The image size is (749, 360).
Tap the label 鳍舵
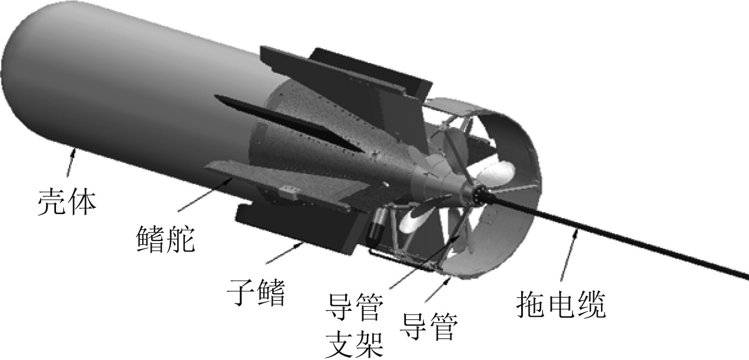pos(165,238)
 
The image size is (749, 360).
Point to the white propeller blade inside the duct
pos(494,174)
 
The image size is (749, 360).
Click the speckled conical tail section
pos(338,137)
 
